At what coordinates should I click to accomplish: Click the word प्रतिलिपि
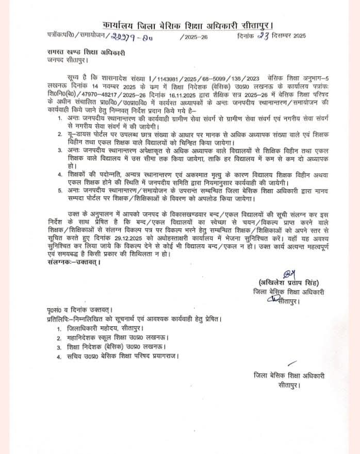[x=55, y=318]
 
